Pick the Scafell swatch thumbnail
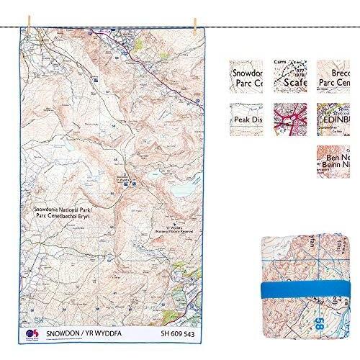coord(290,74)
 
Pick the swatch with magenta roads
coord(290,117)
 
